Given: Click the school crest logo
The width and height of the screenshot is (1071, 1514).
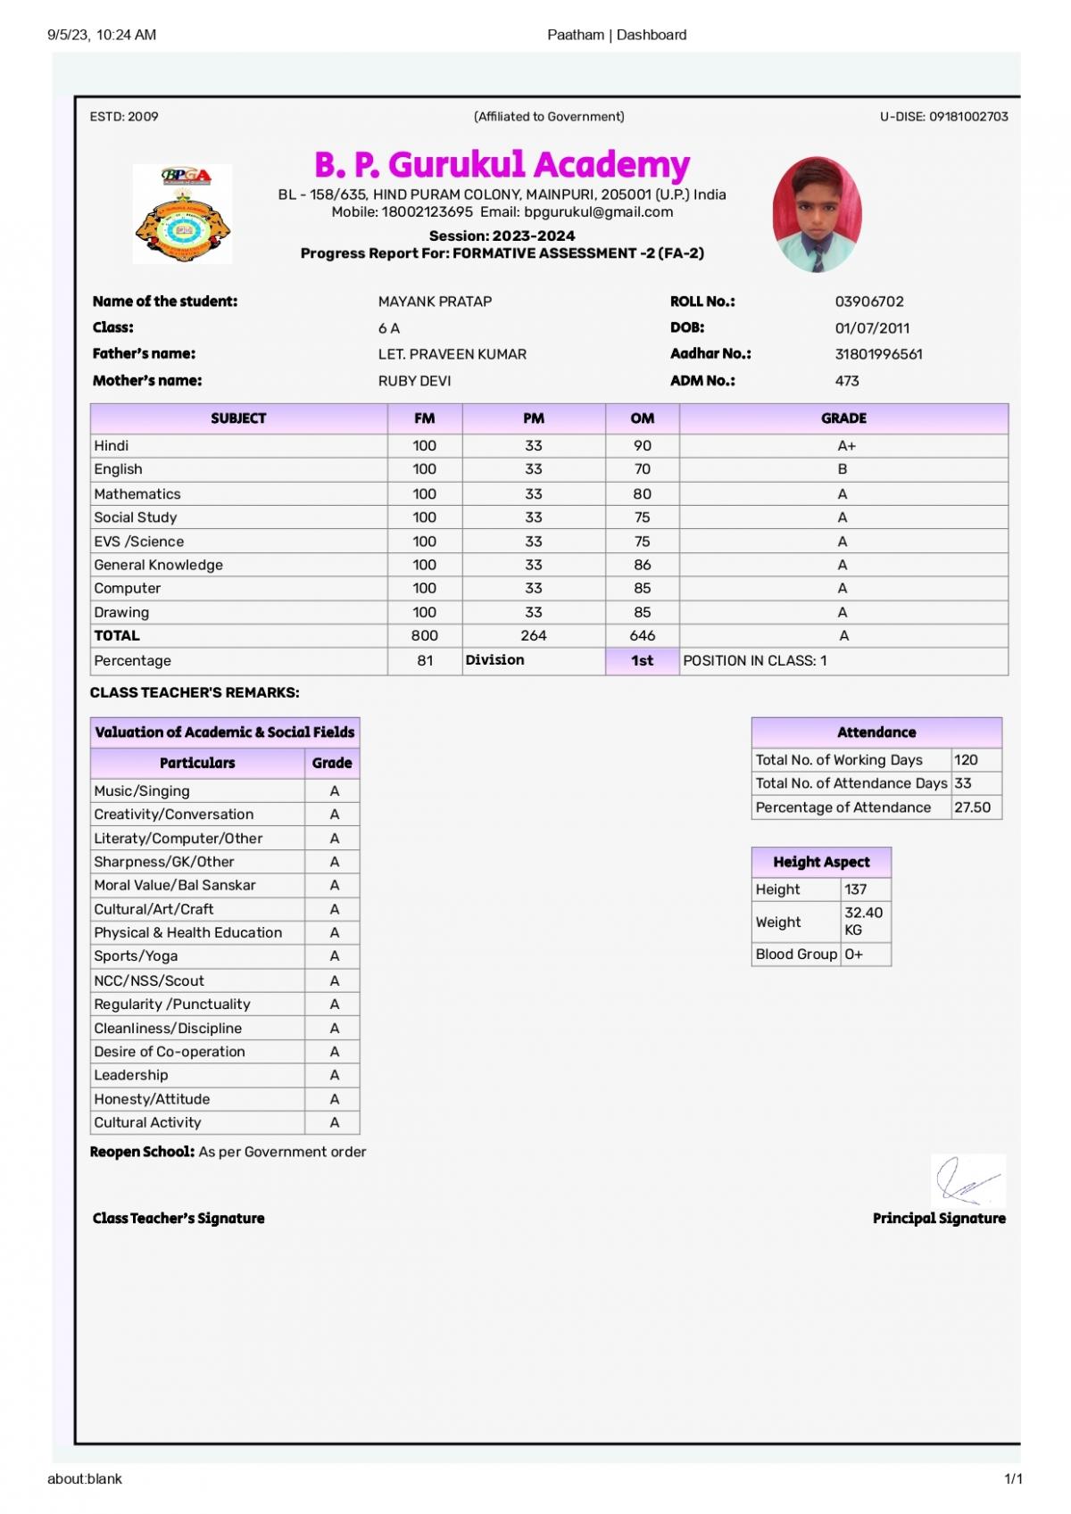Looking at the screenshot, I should [x=182, y=214].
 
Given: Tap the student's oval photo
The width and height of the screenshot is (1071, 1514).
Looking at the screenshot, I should [x=817, y=215].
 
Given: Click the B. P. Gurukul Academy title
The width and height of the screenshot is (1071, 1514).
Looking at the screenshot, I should [x=502, y=165].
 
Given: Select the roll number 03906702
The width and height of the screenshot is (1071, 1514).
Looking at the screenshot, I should [x=868, y=302].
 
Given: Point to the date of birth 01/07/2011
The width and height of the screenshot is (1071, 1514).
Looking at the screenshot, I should [x=871, y=327].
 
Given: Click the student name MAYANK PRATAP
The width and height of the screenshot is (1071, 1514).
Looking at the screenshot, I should [x=435, y=302].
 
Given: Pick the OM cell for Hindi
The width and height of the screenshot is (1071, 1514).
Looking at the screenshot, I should [x=642, y=445].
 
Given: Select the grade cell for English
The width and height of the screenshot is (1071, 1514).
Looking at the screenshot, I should [x=843, y=469].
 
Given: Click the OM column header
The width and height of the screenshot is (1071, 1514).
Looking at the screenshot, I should [x=642, y=418].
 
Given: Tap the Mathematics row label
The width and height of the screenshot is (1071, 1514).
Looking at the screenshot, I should [x=137, y=493].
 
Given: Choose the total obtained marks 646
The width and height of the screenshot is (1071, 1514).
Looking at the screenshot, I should [x=642, y=635].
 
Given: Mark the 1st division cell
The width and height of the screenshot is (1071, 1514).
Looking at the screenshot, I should [x=642, y=660].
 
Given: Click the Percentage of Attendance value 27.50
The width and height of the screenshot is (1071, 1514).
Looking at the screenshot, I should [x=972, y=807].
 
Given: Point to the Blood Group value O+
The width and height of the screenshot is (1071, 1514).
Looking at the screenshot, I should [x=853, y=954].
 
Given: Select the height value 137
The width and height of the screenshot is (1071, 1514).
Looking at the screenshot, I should [x=855, y=889].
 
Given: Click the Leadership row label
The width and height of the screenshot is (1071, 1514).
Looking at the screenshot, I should [x=131, y=1075].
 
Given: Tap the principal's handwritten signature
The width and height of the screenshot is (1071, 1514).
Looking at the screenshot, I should [x=966, y=1181].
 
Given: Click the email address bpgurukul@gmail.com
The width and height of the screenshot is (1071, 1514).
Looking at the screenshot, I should [x=598, y=212].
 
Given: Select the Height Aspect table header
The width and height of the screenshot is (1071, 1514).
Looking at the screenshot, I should [x=821, y=862].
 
